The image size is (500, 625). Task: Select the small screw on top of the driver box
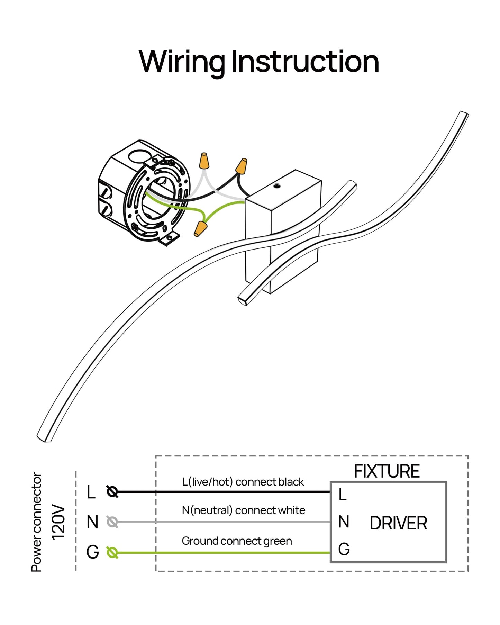pos(277,186)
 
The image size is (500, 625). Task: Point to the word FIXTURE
pos(387,471)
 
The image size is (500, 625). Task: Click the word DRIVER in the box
pos(398,523)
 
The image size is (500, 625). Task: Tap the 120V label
pos(58,522)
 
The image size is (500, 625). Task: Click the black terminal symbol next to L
pos(112,491)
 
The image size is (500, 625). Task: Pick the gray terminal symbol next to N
pos(112,522)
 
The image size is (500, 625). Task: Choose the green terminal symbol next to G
pos(112,552)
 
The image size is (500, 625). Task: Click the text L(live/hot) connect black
pos(243,482)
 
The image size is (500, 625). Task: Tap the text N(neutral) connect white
pos(244,510)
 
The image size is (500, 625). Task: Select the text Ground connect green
pos(237,541)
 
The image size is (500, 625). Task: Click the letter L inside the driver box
pos(343,495)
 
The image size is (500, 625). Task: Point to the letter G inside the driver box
pos(344,549)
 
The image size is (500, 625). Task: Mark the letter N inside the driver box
pos(344,522)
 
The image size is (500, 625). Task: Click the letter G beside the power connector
pos(92,552)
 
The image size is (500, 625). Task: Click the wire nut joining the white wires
pos(204,161)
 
